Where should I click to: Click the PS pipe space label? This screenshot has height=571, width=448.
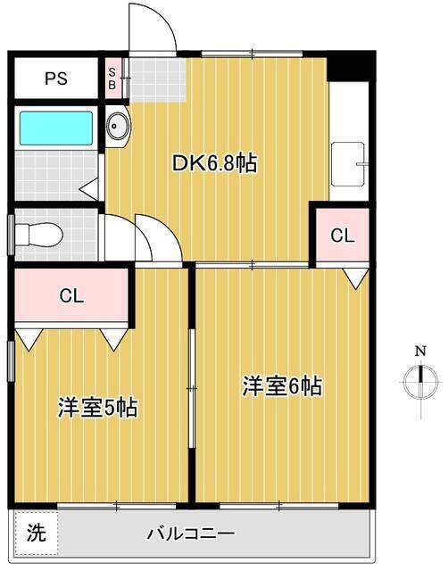[x=56, y=79]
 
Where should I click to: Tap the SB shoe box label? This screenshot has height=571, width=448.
[x=112, y=79]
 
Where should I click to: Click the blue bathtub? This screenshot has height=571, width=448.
[x=56, y=128]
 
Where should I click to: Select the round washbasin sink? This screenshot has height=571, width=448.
[x=117, y=126]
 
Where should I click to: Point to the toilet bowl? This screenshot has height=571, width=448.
[x=38, y=235]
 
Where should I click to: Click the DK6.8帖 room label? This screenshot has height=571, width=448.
[x=214, y=163]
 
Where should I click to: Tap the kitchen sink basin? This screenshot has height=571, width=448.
[x=348, y=164]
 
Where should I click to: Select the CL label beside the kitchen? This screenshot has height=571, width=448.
[x=343, y=236]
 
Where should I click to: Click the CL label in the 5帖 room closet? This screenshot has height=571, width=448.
[x=71, y=295]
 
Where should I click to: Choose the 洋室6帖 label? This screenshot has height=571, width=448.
[x=282, y=386]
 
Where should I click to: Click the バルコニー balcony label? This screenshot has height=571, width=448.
[x=191, y=534]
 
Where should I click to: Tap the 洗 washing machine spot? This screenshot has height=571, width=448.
[x=37, y=533]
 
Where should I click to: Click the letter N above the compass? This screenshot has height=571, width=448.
[x=421, y=352]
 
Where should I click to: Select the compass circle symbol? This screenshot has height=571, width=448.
[x=421, y=383]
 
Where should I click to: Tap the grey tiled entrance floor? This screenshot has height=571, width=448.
[x=157, y=79]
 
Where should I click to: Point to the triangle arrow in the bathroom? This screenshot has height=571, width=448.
[x=89, y=189]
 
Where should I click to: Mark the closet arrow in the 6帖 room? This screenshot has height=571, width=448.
[x=356, y=278]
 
